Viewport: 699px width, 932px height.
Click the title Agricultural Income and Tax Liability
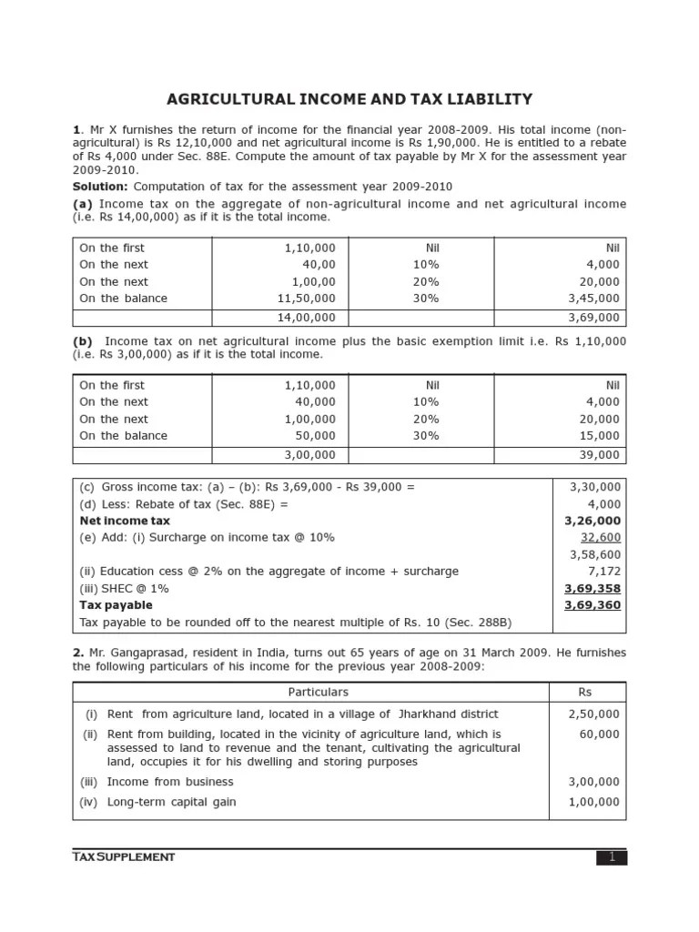pyautogui.click(x=349, y=99)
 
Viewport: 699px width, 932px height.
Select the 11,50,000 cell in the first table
pyautogui.click(x=309, y=299)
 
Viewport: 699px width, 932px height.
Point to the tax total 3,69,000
pyautogui.click(x=593, y=318)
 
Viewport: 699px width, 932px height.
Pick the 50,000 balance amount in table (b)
pyautogui.click(x=315, y=436)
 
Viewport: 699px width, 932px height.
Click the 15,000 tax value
pyautogui.click(x=601, y=436)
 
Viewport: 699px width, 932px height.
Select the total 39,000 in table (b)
pyautogui.click(x=600, y=455)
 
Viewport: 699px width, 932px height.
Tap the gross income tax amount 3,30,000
pyautogui.click(x=595, y=487)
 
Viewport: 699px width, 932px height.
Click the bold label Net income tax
pyautogui.click(x=125, y=521)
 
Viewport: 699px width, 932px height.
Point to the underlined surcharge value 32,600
pyautogui.click(x=601, y=538)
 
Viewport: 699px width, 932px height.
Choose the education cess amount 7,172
pyautogui.click(x=604, y=572)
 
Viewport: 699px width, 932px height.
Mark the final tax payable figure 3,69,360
pyautogui.click(x=593, y=605)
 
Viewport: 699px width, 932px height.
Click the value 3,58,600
pyautogui.click(x=595, y=554)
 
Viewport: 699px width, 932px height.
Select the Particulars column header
pyautogui.click(x=312, y=693)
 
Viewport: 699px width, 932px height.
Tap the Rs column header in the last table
pyautogui.click(x=587, y=693)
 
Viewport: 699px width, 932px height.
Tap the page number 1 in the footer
pyautogui.click(x=612, y=857)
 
